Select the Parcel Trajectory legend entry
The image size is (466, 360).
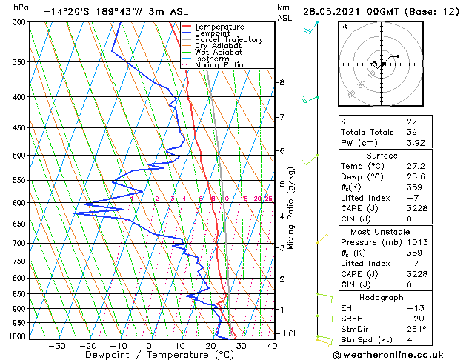(x=228, y=40)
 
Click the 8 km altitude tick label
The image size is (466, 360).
(x=282, y=82)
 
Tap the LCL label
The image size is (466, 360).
(x=291, y=333)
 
